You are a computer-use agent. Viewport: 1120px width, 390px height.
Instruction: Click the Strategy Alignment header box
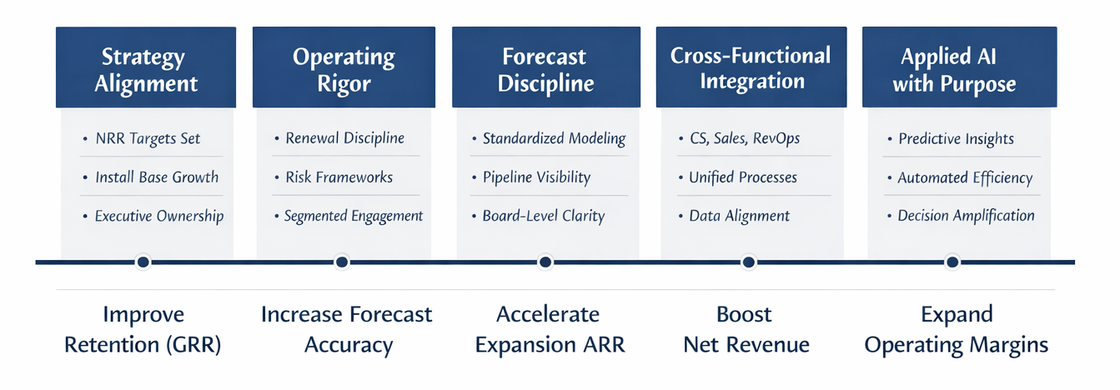coord(146,70)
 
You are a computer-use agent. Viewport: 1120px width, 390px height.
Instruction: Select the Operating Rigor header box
coord(343,70)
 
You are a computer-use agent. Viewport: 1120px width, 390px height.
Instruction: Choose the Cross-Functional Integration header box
coord(751,68)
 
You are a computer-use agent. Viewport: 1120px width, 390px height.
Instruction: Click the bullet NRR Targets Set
coord(148,138)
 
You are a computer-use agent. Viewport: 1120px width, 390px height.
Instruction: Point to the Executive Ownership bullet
coord(158,216)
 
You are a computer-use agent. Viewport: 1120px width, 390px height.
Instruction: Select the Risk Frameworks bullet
coord(339,177)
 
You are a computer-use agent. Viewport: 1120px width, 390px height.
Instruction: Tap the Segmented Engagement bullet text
coord(353,216)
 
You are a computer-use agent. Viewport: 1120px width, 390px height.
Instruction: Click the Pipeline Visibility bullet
coord(536,177)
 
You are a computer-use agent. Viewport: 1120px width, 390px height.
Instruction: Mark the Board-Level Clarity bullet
coord(543,216)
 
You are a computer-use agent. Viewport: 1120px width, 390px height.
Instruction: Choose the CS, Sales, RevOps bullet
coord(744,138)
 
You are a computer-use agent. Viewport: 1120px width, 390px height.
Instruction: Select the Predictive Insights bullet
coord(956,138)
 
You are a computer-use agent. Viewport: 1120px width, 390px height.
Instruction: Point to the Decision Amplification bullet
coord(966,216)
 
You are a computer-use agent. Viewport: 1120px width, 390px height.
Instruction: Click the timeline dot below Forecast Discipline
coord(545,262)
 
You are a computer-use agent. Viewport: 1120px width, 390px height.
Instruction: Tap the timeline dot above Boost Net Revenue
coord(749,262)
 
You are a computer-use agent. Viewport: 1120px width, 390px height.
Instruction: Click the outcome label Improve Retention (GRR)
coord(143,330)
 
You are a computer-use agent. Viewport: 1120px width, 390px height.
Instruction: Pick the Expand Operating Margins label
coord(957,330)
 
